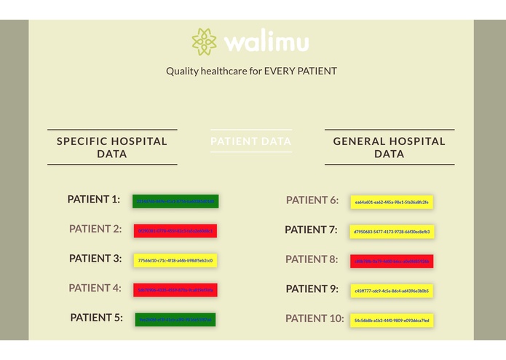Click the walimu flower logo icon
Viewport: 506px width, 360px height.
pyautogui.click(x=205, y=42)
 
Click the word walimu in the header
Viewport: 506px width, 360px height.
pyautogui.click(x=266, y=42)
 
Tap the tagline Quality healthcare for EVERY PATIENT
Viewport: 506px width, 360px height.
pyautogui.click(x=251, y=71)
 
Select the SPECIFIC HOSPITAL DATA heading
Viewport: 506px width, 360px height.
pyautogui.click(x=112, y=147)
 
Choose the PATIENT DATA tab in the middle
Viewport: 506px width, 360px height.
pyautogui.click(x=251, y=141)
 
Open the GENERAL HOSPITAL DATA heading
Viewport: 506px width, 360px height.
pyautogui.click(x=389, y=147)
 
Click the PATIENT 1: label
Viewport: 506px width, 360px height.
pyautogui.click(x=94, y=199)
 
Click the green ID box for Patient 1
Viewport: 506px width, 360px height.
pyautogui.click(x=175, y=201)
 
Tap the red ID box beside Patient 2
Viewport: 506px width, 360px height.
pyautogui.click(x=175, y=231)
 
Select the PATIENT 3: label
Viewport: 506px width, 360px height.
pyautogui.click(x=95, y=258)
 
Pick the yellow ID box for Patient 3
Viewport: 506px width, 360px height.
pyautogui.click(x=175, y=260)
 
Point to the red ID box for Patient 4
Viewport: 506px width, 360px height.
pyautogui.click(x=175, y=290)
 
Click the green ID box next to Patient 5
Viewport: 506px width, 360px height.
pyautogui.click(x=175, y=319)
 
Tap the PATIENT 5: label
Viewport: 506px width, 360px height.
pyautogui.click(x=97, y=317)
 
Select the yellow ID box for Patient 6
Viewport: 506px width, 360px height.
pyautogui.click(x=392, y=202)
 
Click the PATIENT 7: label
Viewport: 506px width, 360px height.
pyautogui.click(x=311, y=230)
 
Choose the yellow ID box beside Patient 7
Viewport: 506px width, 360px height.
pyautogui.click(x=392, y=232)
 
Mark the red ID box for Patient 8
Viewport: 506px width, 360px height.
pyautogui.click(x=392, y=261)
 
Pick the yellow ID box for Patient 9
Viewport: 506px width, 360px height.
pyautogui.click(x=392, y=291)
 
